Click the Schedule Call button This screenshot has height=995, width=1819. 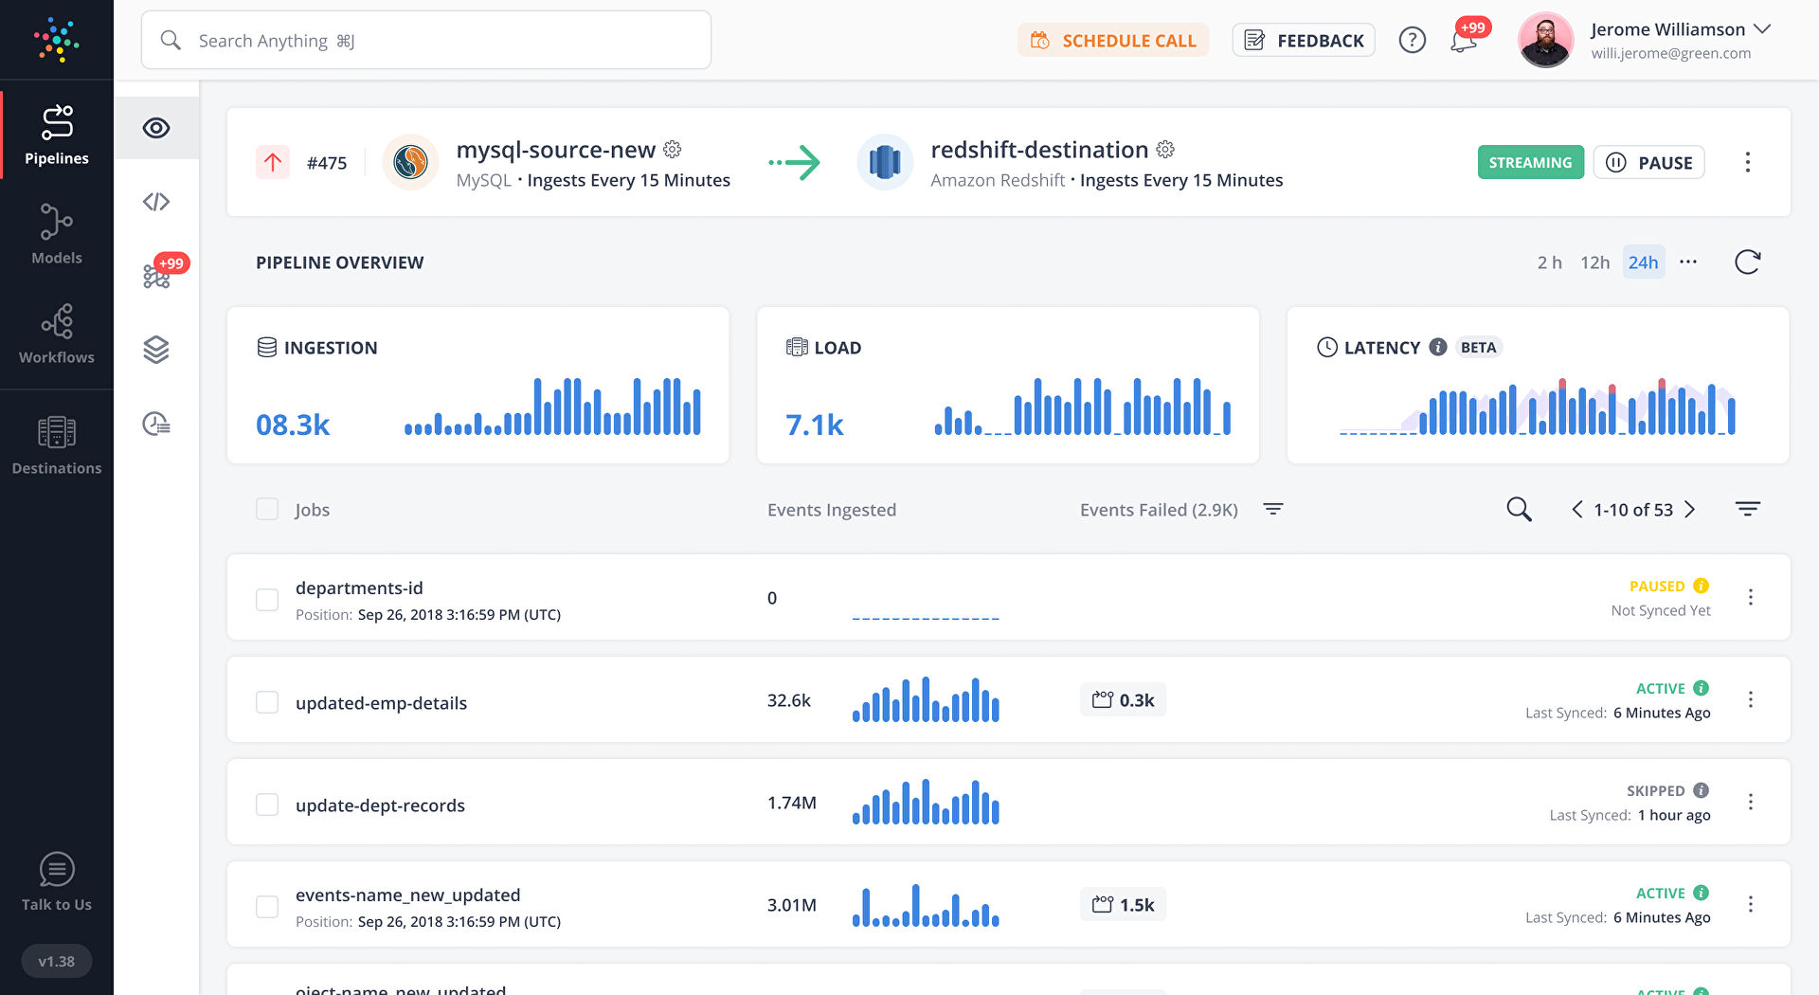click(1113, 41)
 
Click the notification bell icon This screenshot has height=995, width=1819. click(1463, 41)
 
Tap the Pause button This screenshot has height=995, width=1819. click(1648, 163)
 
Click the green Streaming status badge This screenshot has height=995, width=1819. click(1530, 163)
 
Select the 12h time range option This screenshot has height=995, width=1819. click(1594, 262)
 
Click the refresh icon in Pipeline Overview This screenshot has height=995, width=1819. click(1747, 262)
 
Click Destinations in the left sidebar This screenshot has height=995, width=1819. click(57, 444)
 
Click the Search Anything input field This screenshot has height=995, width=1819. click(426, 41)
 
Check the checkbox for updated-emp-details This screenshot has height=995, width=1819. click(267, 702)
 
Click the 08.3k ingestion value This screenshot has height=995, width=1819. click(293, 425)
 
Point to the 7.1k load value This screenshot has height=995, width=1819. click(814, 425)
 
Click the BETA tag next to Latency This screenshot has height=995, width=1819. click(1478, 348)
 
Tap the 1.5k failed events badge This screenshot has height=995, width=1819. click(1123, 905)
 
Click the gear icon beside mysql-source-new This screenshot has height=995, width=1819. click(673, 150)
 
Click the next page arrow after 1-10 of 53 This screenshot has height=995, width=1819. click(1690, 510)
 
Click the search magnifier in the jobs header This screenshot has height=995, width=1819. click(1519, 510)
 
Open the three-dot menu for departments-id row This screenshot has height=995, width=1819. click(1750, 597)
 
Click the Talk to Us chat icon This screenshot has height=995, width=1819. click(57, 869)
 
